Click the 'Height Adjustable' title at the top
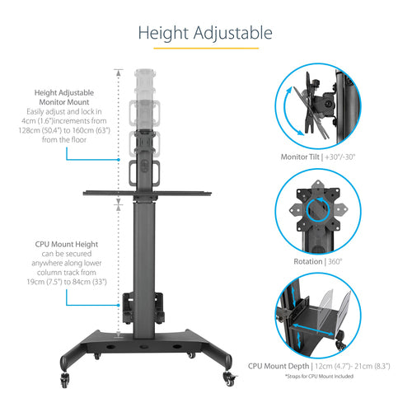[x=205, y=33]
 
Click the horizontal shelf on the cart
[x=144, y=196]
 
